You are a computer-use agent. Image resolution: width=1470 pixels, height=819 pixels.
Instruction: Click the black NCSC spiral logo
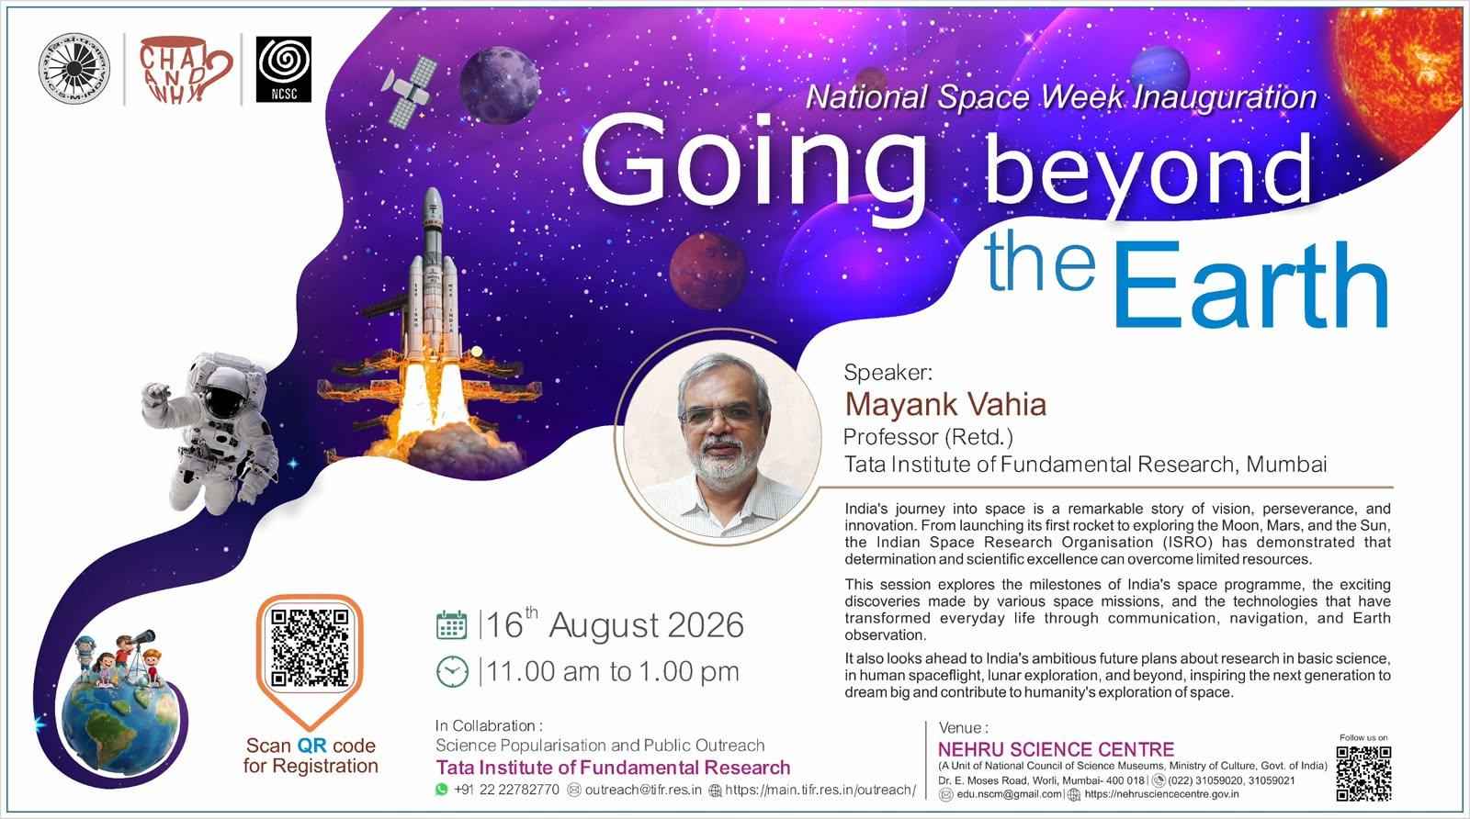[284, 70]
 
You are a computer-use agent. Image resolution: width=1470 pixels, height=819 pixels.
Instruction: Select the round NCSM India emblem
[74, 69]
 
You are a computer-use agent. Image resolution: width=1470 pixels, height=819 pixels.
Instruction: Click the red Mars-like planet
[708, 271]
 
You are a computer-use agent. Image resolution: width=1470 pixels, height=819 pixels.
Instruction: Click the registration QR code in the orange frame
[310, 647]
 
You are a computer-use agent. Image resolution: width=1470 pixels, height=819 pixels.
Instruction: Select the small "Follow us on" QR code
[1363, 773]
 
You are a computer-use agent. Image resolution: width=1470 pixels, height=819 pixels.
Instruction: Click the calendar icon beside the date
[451, 625]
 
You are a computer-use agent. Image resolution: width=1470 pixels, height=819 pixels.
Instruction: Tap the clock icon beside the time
[453, 671]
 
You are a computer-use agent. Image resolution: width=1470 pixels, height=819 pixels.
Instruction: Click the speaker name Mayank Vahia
[945, 405]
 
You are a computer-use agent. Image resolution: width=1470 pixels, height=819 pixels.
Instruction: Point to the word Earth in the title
[1250, 284]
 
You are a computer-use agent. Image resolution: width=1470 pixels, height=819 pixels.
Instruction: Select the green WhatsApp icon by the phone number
[442, 790]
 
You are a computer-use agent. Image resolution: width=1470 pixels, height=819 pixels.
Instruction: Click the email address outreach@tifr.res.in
[643, 790]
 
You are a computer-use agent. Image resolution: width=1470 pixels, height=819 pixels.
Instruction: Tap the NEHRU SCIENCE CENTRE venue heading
[1056, 749]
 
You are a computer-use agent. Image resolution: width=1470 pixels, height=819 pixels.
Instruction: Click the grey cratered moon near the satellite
[500, 84]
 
